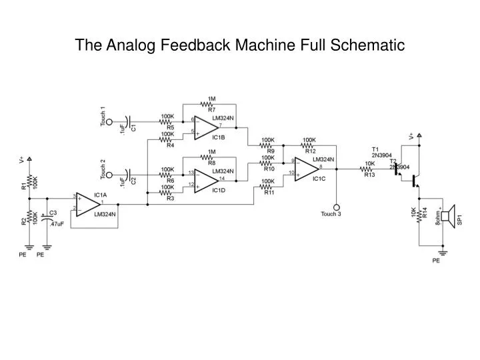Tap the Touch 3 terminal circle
tap(337, 207)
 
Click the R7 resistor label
tap(211, 109)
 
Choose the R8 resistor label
tap(211, 163)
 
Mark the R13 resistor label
tap(370, 175)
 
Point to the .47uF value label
tap(57, 224)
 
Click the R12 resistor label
tap(310, 151)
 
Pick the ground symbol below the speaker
tap(437, 253)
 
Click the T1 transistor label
tap(375, 149)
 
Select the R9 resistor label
tap(271, 151)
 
